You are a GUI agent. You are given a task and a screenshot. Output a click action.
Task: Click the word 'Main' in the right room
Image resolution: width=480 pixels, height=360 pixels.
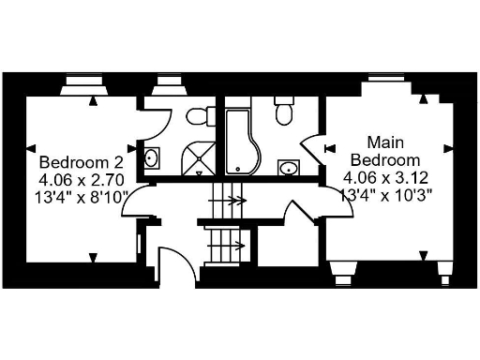[384, 142]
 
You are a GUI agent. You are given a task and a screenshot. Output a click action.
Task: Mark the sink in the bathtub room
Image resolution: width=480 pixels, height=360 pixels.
[290, 168]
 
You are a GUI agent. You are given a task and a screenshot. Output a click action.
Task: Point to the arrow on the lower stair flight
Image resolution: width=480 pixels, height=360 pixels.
[232, 247]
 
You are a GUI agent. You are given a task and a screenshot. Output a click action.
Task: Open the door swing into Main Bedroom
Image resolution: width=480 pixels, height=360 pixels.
[312, 149]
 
